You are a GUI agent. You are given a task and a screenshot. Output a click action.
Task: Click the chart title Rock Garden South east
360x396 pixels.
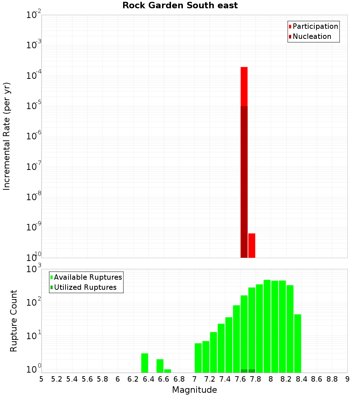point(180,5)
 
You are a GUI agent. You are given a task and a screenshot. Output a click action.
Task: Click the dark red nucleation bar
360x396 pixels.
point(244,180)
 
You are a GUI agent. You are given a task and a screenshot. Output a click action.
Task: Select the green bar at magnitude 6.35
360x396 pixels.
point(145,363)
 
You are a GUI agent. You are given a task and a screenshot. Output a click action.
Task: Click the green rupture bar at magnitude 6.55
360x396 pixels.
point(160,366)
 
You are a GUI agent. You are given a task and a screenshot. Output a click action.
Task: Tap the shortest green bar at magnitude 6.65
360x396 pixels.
point(167,371)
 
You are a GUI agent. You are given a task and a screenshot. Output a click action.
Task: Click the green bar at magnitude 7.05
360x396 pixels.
point(198,358)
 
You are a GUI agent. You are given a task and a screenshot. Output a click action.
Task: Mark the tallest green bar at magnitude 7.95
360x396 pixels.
point(267,326)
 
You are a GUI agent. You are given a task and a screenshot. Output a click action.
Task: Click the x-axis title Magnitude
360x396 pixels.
point(194,390)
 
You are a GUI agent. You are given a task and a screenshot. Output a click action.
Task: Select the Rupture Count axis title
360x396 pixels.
point(14,321)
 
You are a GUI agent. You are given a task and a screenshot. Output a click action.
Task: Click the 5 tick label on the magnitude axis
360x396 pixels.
point(41,379)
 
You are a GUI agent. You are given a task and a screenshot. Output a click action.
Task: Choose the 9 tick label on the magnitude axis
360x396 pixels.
point(347,379)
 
